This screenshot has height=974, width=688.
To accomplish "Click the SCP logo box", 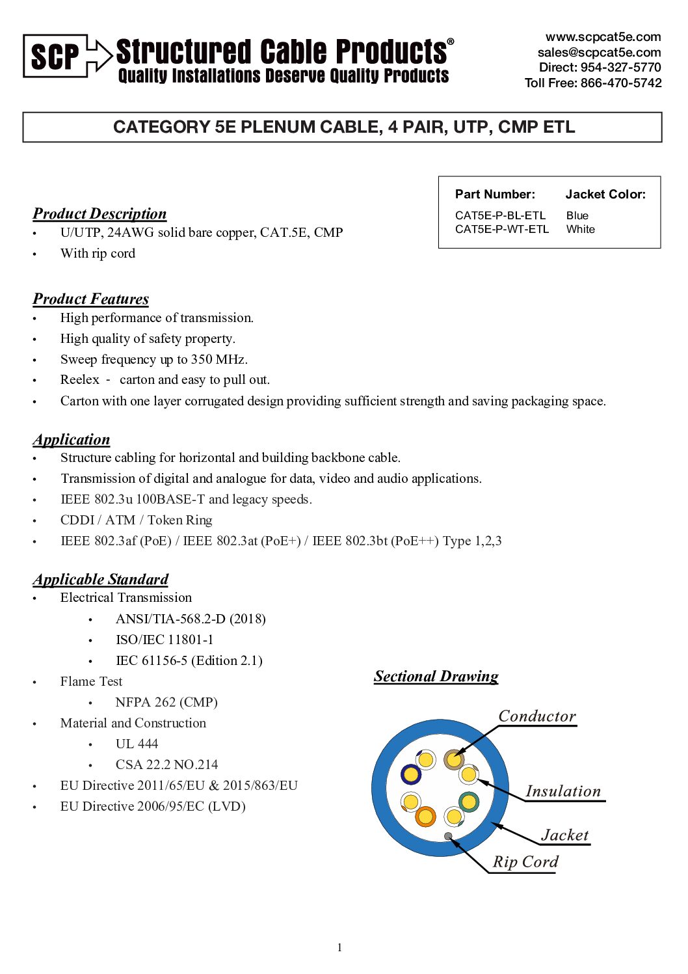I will click(55, 56).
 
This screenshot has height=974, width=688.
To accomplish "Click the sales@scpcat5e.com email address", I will click(599, 52).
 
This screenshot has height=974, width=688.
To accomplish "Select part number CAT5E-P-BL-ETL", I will click(500, 215).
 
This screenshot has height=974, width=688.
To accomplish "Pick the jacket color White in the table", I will click(580, 229).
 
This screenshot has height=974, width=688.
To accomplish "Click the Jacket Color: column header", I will click(605, 194).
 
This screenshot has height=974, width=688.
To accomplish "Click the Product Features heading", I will click(90, 299).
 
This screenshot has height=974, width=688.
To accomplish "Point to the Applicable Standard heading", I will click(100, 579).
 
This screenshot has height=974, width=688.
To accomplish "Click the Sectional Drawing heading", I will click(436, 676).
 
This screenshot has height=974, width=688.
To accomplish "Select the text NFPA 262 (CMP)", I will click(166, 702).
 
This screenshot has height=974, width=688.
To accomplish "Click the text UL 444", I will click(137, 744).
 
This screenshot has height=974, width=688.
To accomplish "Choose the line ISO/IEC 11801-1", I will click(165, 640).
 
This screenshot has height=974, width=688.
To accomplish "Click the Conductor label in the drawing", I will click(537, 716).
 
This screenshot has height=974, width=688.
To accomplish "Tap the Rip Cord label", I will click(525, 861).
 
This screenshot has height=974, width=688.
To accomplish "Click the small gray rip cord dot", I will click(448, 836).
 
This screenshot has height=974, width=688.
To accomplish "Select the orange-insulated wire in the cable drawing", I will click(425, 816).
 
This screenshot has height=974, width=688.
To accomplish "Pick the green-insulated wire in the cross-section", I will click(468, 802).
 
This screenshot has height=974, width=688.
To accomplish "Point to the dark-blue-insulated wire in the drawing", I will click(410, 774).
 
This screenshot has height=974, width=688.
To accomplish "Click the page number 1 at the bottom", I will click(339, 947).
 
